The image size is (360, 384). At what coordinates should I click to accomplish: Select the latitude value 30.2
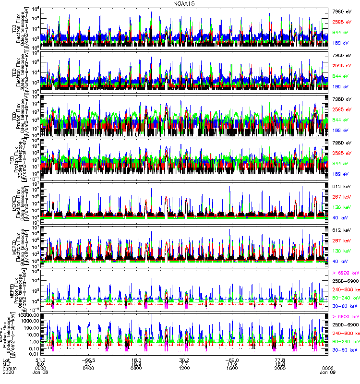184,359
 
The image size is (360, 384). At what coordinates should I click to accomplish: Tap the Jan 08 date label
40,373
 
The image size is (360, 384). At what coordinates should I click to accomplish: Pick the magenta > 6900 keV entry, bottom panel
346,317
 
